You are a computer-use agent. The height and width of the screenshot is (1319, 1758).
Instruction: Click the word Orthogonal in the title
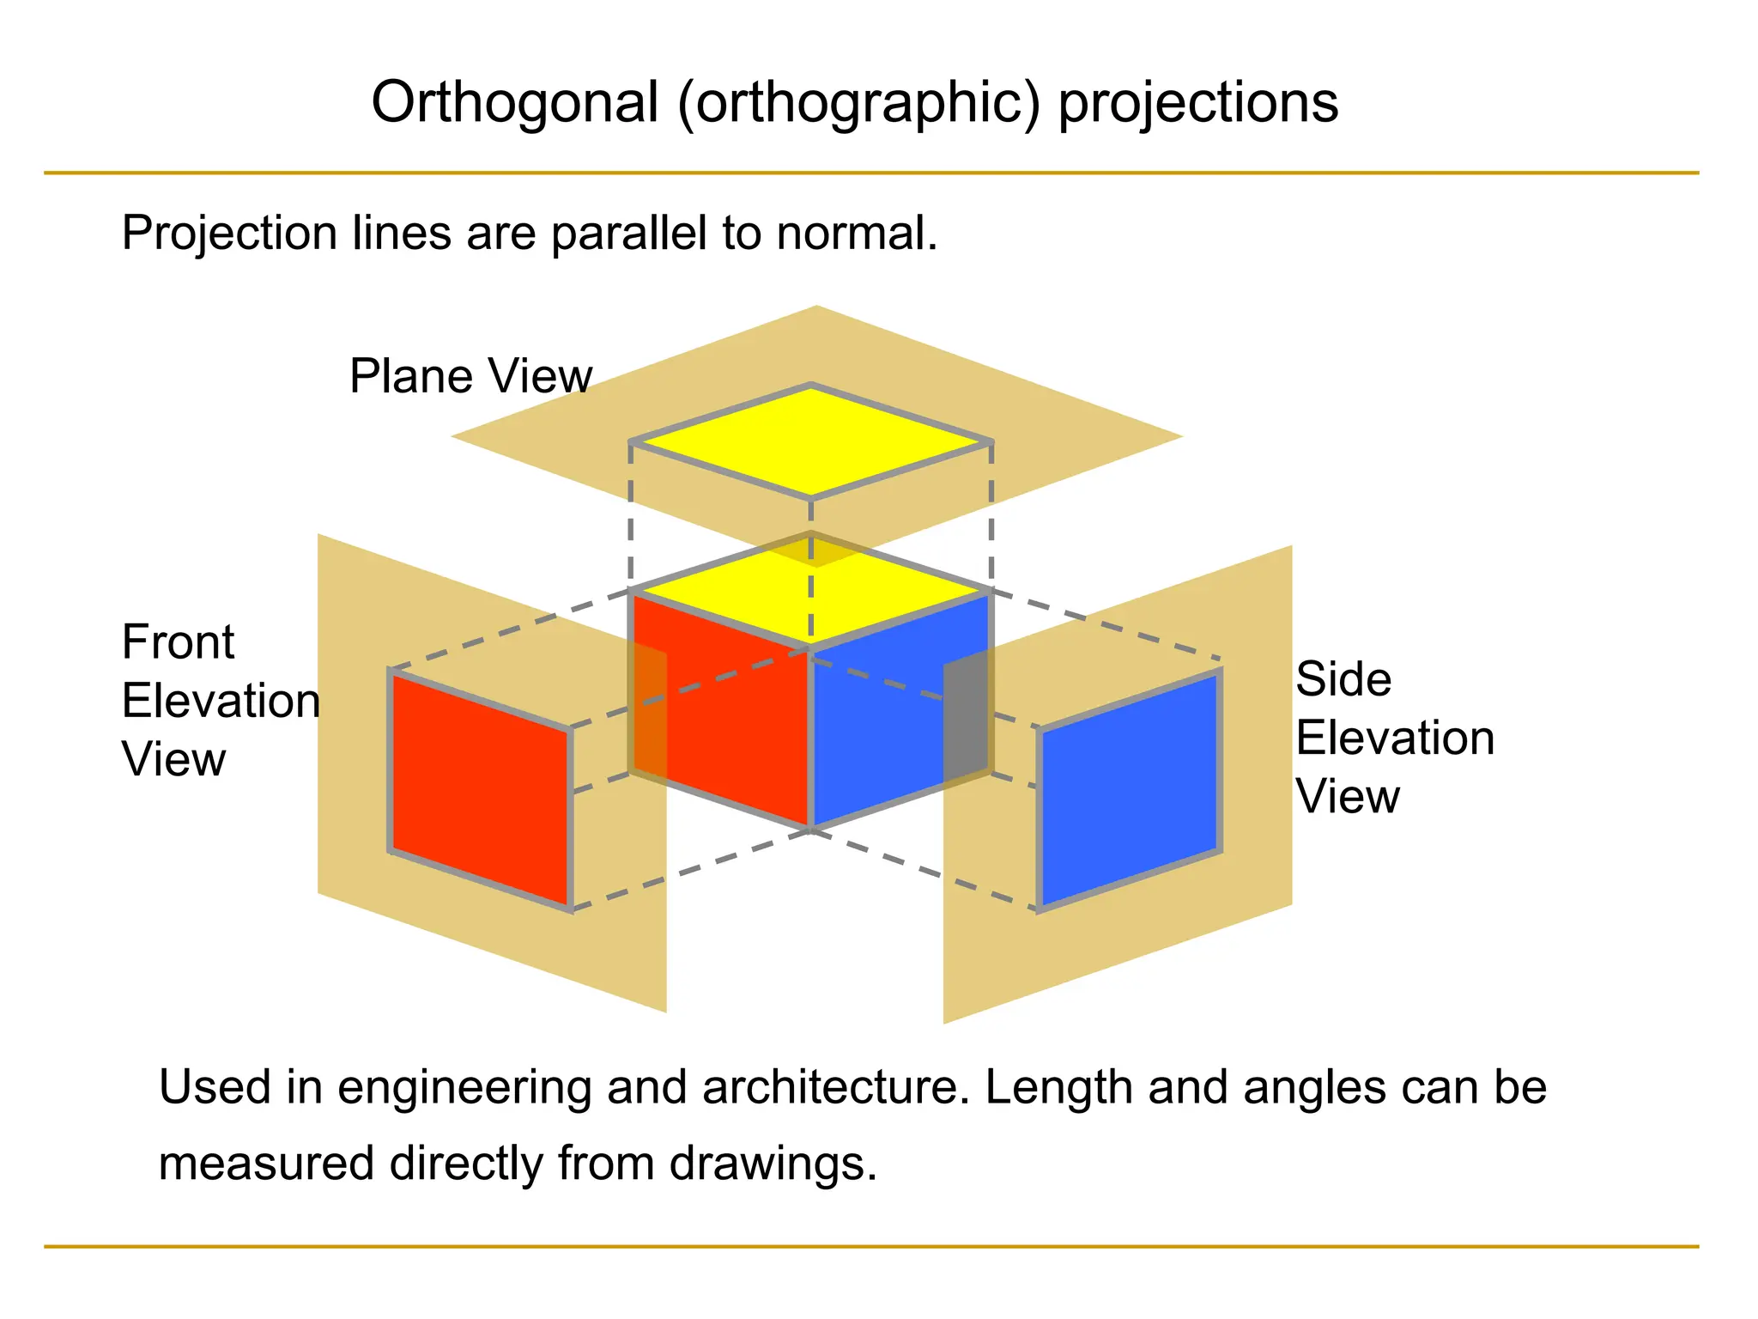pos(515,103)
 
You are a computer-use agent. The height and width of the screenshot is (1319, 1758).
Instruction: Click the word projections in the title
pos(1198,103)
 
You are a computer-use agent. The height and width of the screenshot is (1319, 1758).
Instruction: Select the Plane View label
pos(470,376)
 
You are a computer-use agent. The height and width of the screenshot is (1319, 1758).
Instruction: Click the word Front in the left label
pos(178,642)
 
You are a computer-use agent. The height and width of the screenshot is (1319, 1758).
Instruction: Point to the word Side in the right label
pos(1343,679)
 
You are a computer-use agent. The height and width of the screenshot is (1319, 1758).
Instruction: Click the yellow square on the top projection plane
pos(811,441)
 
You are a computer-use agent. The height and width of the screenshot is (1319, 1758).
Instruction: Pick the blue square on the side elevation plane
pos(1129,790)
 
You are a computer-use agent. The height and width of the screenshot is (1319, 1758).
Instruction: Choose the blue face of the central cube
pos(876,730)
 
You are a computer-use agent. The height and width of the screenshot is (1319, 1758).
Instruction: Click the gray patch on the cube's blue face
pos(967,717)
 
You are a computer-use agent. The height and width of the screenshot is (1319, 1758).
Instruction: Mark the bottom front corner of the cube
pos(810,829)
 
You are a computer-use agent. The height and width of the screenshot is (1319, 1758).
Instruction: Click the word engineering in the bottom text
pos(464,1089)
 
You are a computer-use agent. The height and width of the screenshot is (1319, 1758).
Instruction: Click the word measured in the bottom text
pos(267,1164)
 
